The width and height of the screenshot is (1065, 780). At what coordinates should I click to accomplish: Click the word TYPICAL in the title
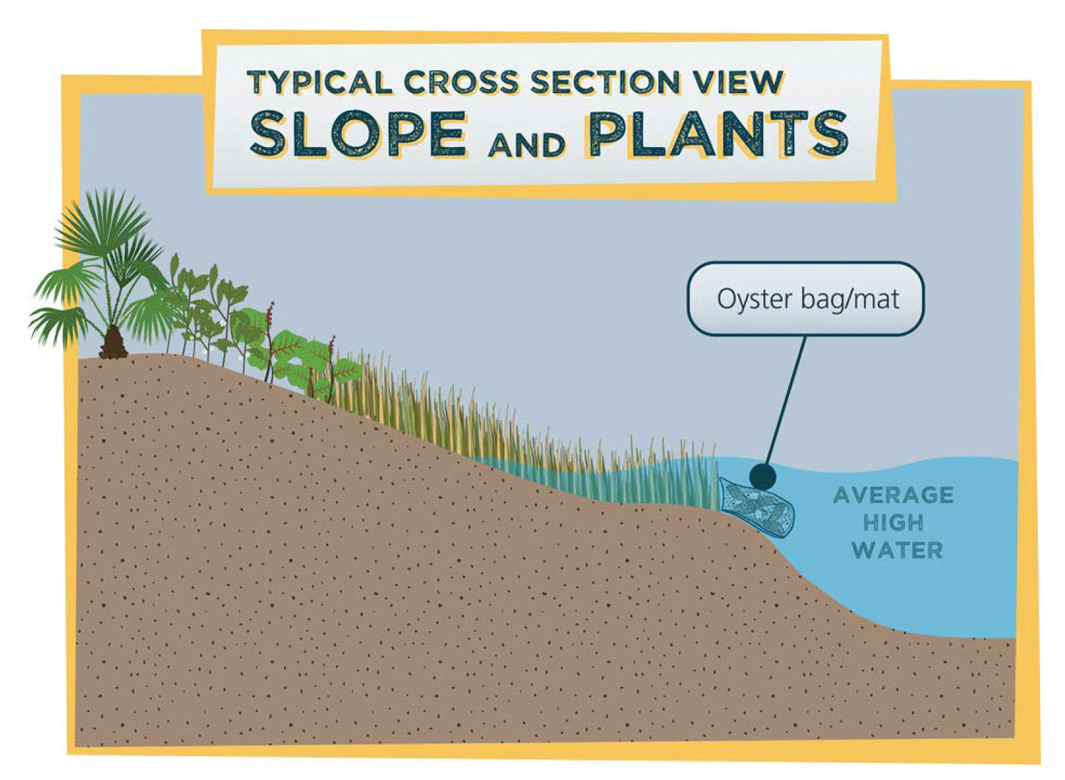320,83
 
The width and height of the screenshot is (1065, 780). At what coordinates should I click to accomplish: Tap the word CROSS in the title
461,83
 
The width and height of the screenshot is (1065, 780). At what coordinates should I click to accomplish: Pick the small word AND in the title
526,144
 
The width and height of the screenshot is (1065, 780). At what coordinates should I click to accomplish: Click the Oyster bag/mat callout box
806,298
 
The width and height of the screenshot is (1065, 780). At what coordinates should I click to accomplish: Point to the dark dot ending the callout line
762,477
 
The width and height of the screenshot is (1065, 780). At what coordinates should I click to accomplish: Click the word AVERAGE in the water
894,495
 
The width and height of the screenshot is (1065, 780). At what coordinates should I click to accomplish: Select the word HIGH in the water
894,523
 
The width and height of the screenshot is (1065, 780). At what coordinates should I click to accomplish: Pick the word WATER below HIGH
896,550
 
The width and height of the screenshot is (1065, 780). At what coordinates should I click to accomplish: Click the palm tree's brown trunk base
113,343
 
